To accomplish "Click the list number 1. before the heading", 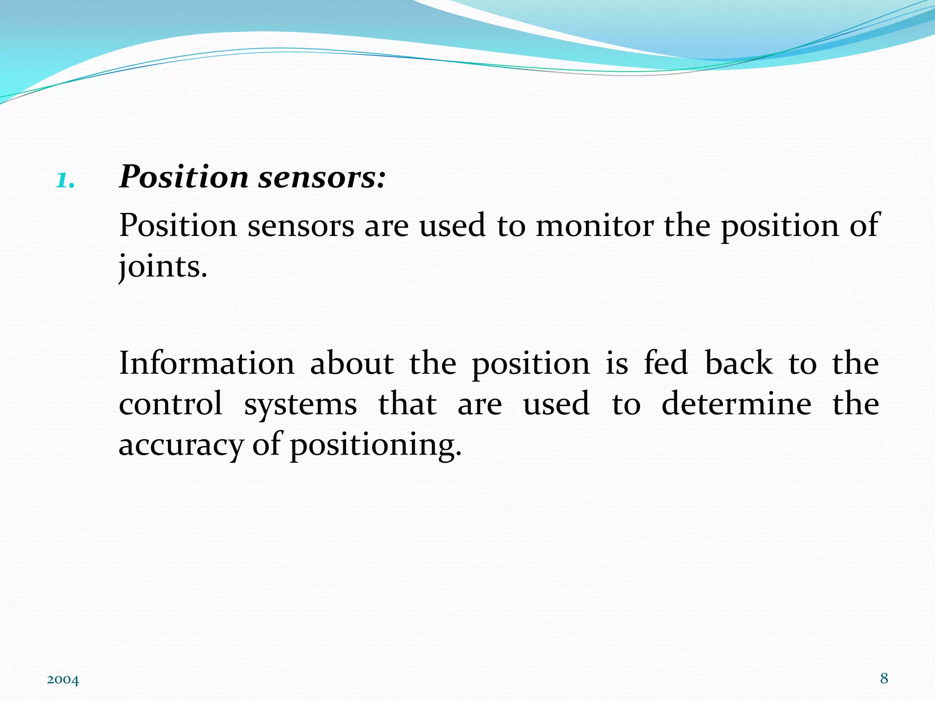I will click(65, 181).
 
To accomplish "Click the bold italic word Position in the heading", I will click(184, 177).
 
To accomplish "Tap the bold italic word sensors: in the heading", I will click(322, 177).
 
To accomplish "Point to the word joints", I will click(163, 267).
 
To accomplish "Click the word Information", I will click(207, 363).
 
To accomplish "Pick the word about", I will click(352, 363).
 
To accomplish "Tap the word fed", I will click(666, 363).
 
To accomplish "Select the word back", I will click(739, 363).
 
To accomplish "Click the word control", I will click(171, 404).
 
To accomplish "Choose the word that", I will click(407, 404).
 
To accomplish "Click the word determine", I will click(736, 404).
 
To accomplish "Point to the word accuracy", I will click(181, 445).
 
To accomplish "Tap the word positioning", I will click(376, 445).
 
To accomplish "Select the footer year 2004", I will click(63, 680).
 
